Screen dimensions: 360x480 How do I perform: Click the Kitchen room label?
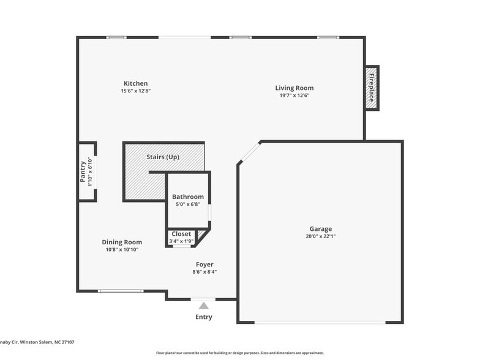pos(135,83)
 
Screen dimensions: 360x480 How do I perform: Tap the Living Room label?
pos(294,88)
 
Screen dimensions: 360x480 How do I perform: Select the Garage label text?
pos(320,229)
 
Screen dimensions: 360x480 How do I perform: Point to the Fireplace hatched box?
pos(371,88)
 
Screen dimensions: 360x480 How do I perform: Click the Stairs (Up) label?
pos(163,157)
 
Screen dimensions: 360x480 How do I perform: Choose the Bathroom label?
pos(187,197)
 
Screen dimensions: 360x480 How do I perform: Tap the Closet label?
pos(181,234)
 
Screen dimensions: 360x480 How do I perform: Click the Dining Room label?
pos(122,242)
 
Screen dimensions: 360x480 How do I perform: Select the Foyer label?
pos(204,264)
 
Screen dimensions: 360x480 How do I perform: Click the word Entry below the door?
pos(204,317)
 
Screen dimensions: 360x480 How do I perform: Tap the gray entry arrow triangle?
pos(204,306)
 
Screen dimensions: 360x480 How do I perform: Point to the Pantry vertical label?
pos(83,172)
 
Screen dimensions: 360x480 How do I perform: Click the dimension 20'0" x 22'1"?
pos(321,236)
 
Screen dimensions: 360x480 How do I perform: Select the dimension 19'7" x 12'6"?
pos(294,95)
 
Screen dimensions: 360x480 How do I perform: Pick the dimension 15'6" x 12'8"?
pos(135,91)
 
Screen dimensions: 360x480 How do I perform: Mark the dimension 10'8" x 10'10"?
pos(122,249)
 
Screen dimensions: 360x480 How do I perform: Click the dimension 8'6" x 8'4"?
pos(204,272)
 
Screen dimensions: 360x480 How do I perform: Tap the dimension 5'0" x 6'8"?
pos(187,204)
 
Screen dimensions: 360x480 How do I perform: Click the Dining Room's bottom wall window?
pos(121,291)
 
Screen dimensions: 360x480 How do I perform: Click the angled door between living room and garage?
pos(249,152)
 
